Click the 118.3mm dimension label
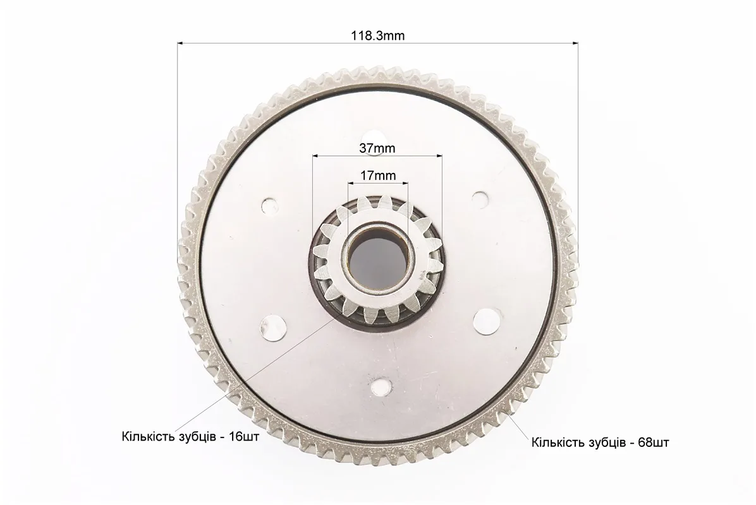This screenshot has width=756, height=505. point(377,35)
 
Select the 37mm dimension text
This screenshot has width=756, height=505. point(377,148)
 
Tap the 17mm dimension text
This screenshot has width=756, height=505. point(378,175)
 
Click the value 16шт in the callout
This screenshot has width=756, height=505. point(244,437)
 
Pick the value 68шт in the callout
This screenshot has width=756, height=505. point(654,442)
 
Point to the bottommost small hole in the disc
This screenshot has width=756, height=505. point(381,386)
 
